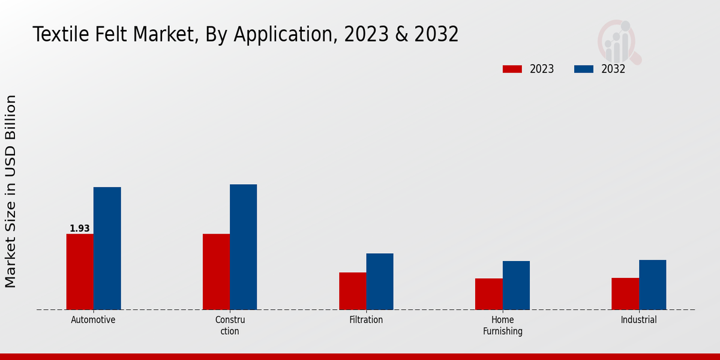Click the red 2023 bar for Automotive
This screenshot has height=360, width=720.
[80, 272]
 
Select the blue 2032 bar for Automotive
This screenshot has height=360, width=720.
[107, 248]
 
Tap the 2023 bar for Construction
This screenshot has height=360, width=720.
[216, 272]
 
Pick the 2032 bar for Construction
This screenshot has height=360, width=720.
[243, 247]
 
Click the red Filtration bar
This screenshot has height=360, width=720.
[352, 291]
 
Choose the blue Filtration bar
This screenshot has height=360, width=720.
[380, 281]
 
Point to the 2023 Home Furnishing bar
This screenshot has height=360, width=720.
[488, 294]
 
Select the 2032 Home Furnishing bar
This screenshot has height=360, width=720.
[516, 286]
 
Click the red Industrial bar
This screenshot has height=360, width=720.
[625, 294]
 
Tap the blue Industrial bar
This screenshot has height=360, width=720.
[652, 285]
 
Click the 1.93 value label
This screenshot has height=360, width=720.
[80, 229]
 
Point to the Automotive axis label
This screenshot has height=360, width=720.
[93, 320]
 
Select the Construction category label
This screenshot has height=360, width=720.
[230, 325]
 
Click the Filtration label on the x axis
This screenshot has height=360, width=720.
[366, 320]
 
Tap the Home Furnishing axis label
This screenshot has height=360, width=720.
[503, 325]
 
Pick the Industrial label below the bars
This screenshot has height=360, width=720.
[639, 320]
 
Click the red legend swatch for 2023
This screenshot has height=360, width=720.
[512, 69]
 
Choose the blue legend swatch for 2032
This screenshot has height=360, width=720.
[583, 69]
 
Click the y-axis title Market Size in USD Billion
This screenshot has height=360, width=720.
[11, 191]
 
